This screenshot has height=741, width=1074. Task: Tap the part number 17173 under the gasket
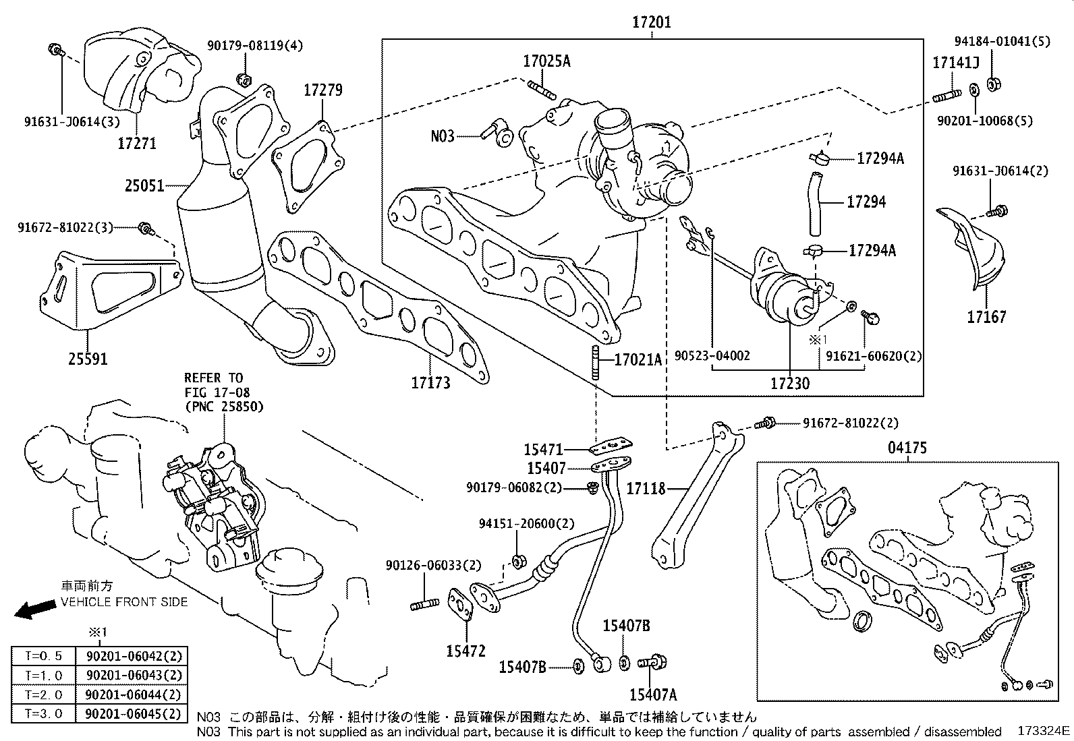[x=430, y=383]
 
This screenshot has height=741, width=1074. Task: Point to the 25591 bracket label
[x=88, y=359]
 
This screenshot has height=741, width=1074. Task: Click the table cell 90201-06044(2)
[x=133, y=694]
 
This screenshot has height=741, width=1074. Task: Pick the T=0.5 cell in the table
[x=43, y=656]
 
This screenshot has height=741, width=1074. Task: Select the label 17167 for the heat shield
[x=986, y=317]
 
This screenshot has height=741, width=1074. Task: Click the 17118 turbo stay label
[x=646, y=488]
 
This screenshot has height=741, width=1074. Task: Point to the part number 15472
[x=465, y=651]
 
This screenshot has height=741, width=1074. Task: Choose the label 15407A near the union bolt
[x=652, y=694]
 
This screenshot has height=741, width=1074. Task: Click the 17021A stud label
[x=638, y=359]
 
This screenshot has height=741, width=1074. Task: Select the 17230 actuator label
[x=790, y=384]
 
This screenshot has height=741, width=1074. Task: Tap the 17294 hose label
[x=866, y=202]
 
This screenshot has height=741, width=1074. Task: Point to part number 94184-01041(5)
[x=1002, y=40]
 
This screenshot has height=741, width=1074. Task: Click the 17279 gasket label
[x=322, y=90]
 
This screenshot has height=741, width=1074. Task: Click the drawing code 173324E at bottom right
[x=1044, y=731]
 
